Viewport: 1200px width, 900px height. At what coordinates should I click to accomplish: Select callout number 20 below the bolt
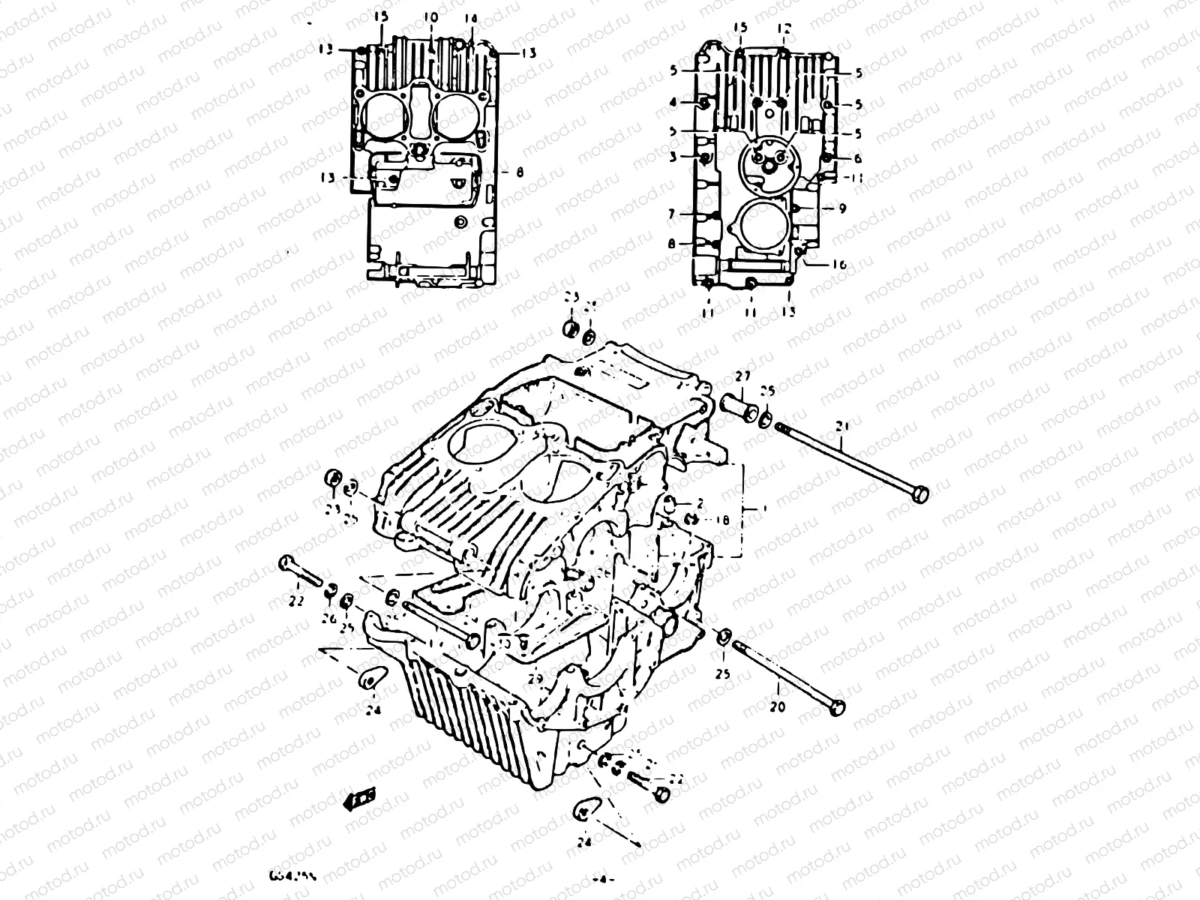[777, 706]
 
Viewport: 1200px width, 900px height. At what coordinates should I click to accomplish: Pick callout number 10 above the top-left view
[430, 16]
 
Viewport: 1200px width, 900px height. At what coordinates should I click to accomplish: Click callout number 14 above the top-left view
[471, 20]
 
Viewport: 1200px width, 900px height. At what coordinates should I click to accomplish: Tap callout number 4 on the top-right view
[673, 101]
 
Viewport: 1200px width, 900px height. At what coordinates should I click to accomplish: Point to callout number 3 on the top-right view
[673, 157]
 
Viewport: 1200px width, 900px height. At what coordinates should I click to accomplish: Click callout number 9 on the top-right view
[842, 209]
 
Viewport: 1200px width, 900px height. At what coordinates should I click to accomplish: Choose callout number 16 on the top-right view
[838, 265]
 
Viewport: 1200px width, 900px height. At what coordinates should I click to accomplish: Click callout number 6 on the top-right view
[858, 158]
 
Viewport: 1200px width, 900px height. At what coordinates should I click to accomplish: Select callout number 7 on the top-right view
[673, 214]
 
